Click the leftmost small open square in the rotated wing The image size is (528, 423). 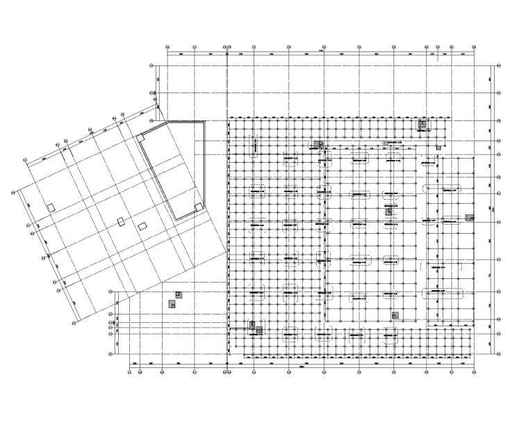click(x=51, y=207)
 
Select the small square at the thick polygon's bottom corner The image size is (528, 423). click(x=199, y=207)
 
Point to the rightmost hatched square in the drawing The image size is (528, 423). click(x=470, y=217)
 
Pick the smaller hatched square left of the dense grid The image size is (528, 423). click(x=179, y=294)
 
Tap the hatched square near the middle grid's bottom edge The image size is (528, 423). click(x=395, y=315)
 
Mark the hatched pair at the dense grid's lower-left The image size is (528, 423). click(x=256, y=328)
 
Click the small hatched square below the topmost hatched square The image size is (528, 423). click(x=438, y=147)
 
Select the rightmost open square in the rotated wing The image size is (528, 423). click(x=142, y=226)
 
